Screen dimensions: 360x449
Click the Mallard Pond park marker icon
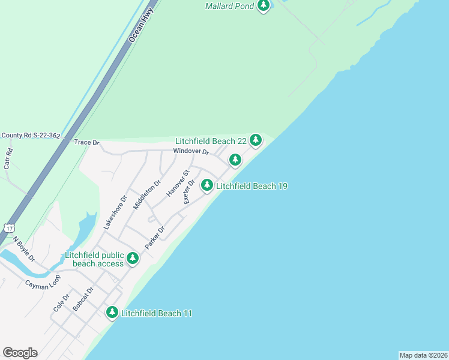pos(263,5)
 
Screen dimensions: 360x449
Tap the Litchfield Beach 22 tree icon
pos(256,140)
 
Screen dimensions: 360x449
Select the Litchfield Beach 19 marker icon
pos(207,185)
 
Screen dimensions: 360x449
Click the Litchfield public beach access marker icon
pos(132,259)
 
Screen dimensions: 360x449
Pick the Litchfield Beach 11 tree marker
pos(112,313)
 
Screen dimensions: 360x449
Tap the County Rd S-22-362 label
pos(31,136)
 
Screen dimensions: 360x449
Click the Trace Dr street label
pos(86,143)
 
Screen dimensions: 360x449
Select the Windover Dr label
pos(191,152)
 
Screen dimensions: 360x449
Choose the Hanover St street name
pos(178,183)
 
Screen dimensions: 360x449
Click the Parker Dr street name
pos(155,238)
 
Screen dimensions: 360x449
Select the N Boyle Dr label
pos(24,248)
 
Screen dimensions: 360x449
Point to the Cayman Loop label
pos(43,283)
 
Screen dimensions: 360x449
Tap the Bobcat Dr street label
pos(83,299)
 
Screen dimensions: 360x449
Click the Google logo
pos(20,353)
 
